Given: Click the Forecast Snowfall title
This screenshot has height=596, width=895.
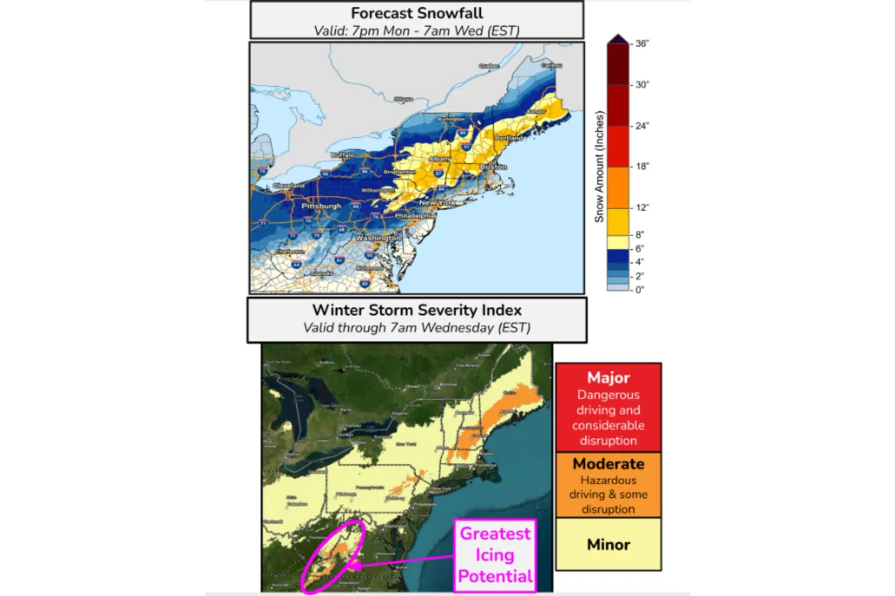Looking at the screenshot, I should pyautogui.click(x=417, y=13).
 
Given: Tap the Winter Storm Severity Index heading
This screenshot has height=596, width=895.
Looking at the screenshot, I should pyautogui.click(x=417, y=310).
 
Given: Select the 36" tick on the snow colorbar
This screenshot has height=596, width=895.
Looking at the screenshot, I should pyautogui.click(x=642, y=43).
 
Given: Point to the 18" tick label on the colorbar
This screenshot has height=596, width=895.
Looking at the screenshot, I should pyautogui.click(x=642, y=166).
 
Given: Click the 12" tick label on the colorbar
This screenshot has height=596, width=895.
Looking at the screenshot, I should pyautogui.click(x=642, y=208).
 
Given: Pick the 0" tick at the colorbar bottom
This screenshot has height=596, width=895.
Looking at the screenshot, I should pyautogui.click(x=639, y=289).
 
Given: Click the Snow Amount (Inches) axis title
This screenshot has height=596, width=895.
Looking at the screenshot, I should pyautogui.click(x=599, y=166).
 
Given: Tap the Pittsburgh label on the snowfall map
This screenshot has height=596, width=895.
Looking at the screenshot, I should pyautogui.click(x=321, y=206).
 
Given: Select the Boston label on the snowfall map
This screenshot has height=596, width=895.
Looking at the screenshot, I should pyautogui.click(x=494, y=167).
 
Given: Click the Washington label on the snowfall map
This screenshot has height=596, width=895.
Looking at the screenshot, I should pyautogui.click(x=378, y=237).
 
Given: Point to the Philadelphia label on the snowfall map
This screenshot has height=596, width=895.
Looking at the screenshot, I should pyautogui.click(x=415, y=216).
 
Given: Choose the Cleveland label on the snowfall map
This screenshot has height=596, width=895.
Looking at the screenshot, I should pyautogui.click(x=289, y=186).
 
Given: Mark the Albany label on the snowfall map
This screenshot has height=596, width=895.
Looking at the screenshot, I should pyautogui.click(x=440, y=159).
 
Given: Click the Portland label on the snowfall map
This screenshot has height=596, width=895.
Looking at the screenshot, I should pyautogui.click(x=509, y=138).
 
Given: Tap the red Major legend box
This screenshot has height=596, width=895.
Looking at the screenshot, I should pyautogui.click(x=608, y=408).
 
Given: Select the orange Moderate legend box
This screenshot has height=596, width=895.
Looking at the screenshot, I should pyautogui.click(x=608, y=485).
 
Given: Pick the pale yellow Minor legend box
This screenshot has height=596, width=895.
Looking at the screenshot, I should pyautogui.click(x=608, y=544).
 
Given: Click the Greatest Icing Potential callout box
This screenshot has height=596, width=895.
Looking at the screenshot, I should pyautogui.click(x=495, y=555).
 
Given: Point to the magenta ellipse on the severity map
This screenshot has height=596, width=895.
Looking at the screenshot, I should pyautogui.click(x=334, y=556).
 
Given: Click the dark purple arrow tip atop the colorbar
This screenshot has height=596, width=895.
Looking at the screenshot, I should pyautogui.click(x=618, y=39).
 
